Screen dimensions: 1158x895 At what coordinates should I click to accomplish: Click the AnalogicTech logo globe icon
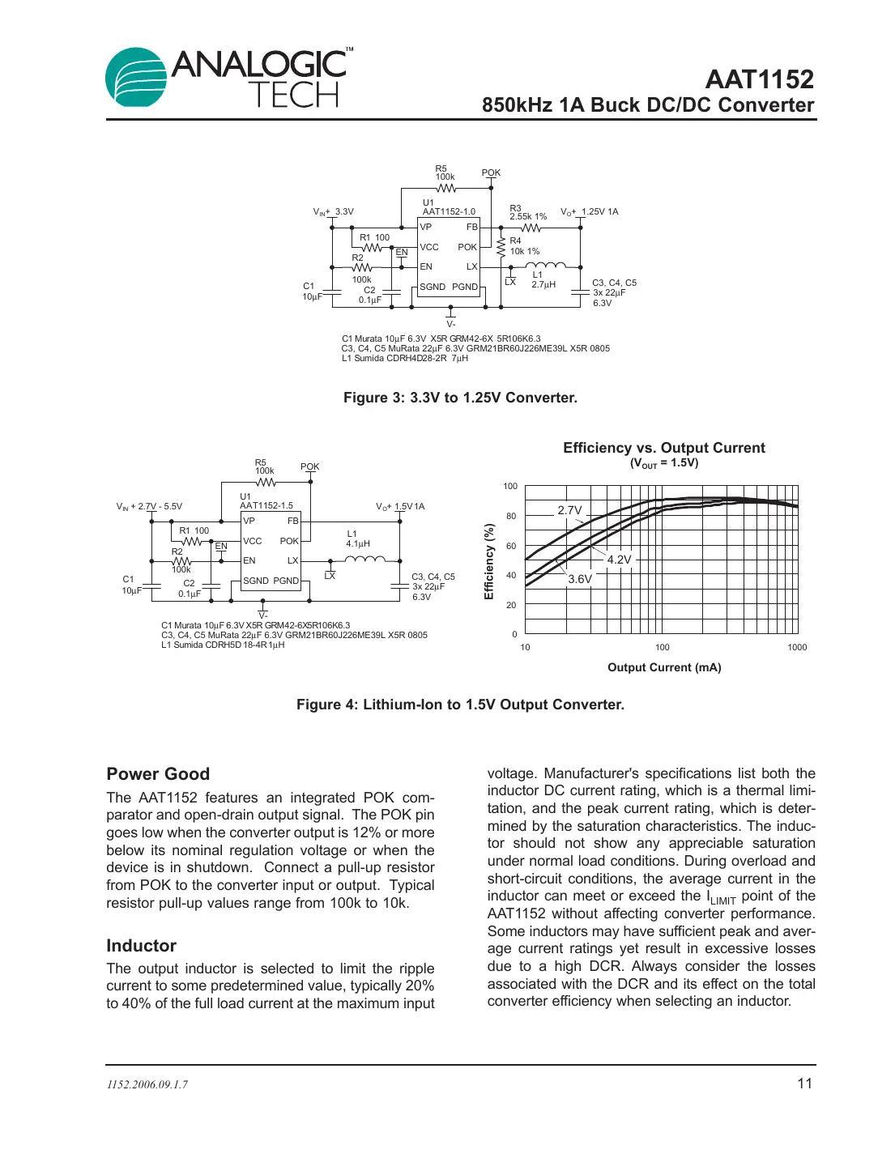(x=136, y=78)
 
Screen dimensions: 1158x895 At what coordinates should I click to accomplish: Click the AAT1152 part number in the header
(x=759, y=79)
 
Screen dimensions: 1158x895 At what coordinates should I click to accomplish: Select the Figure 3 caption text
(x=460, y=398)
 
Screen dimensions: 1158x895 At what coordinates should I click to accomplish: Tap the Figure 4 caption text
(x=460, y=705)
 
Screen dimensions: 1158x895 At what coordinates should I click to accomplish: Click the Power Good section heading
(x=158, y=773)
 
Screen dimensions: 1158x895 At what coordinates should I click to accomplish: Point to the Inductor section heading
(x=141, y=946)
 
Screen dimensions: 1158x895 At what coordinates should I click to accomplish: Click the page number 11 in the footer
(x=804, y=1083)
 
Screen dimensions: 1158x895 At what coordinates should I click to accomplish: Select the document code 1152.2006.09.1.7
(x=147, y=1085)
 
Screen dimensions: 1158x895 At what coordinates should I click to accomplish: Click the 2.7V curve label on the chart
(x=569, y=510)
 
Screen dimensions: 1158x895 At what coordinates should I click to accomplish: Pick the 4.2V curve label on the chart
(x=619, y=560)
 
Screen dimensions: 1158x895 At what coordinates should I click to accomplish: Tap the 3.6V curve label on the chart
(x=579, y=579)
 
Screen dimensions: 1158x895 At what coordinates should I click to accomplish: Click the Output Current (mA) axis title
(x=664, y=667)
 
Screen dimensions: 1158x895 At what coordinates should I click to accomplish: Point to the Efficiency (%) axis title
(x=488, y=561)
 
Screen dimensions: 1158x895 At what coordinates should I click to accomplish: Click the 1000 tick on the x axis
(x=797, y=647)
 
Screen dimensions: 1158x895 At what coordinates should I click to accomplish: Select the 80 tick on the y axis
(x=511, y=516)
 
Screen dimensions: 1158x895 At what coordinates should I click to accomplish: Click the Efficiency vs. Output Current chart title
(x=663, y=448)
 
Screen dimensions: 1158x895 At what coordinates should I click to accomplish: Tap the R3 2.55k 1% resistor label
(x=527, y=212)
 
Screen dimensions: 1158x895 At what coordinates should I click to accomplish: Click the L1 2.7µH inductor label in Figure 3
(x=543, y=279)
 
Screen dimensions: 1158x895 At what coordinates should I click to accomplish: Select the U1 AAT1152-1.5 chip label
(x=266, y=501)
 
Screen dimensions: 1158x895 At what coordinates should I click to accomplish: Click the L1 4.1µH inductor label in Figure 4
(x=357, y=539)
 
